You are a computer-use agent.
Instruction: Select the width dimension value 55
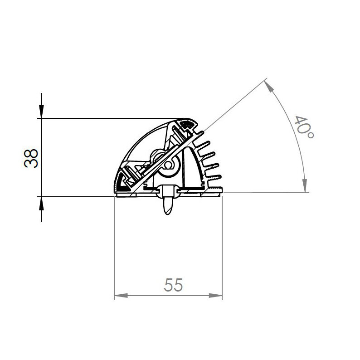(x=173, y=286)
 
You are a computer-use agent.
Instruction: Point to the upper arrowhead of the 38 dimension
(x=41, y=113)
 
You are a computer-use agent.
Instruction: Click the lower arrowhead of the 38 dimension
(x=41, y=202)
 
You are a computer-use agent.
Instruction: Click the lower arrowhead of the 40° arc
(x=305, y=186)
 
